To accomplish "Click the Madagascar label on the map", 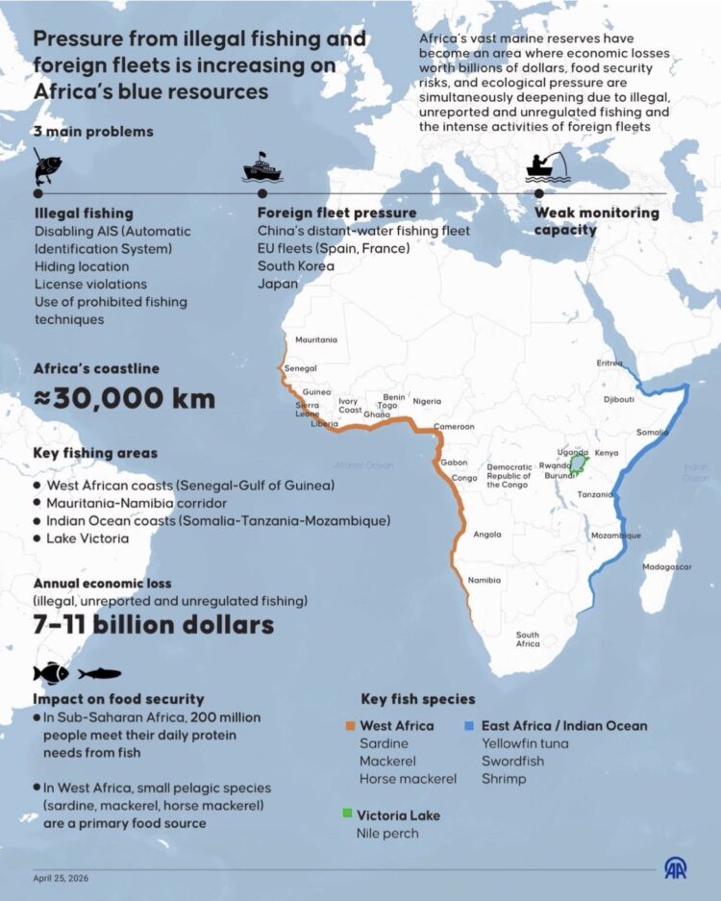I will pos(666,567).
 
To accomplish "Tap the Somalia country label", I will pos(652,433).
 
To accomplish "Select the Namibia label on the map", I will pos(483,581).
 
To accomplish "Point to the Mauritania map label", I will pos(316,340).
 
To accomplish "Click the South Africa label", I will pos(527,639).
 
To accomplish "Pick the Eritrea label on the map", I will pos(609,363).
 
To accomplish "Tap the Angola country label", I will pos(487,535).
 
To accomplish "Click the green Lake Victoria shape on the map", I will pos(578,464).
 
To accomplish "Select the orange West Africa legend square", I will pos(350,726).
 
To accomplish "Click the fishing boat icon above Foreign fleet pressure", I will pos(261,169).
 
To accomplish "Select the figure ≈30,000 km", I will pos(125,398).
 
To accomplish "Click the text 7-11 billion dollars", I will pos(153,625).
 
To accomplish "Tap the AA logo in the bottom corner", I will pos(676,868).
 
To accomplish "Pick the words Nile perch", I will pos(387,833).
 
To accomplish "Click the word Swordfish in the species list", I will pos(510,761).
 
